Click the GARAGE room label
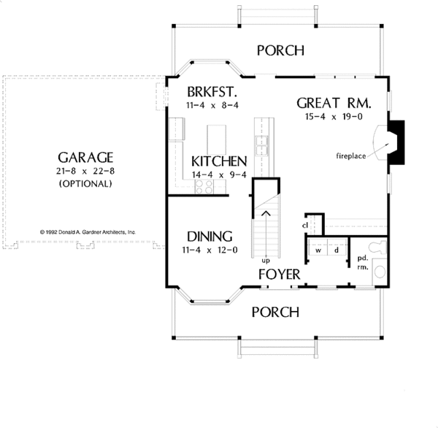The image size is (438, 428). point(85,157)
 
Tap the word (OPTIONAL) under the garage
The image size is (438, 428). point(85,183)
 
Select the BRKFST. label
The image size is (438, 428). point(212,92)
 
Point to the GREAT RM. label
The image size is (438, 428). point(334,103)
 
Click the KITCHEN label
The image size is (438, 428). point(219,161)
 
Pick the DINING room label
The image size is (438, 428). point(210,237)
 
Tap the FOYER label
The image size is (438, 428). point(280,274)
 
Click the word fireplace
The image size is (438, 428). point(351,156)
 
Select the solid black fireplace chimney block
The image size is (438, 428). point(396,142)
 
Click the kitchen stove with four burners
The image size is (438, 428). point(204,186)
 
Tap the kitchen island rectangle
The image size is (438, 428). point(217,140)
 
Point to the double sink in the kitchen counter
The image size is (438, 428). point(261,145)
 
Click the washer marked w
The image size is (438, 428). point(318,246)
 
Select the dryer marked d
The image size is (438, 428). point(337,246)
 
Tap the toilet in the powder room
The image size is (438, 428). point(377,248)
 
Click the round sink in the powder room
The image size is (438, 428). point(380,272)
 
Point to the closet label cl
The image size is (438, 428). point(304,226)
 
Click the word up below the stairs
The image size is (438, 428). point(266,261)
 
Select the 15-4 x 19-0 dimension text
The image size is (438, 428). point(334,117)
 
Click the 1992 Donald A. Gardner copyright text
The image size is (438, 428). point(88,232)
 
